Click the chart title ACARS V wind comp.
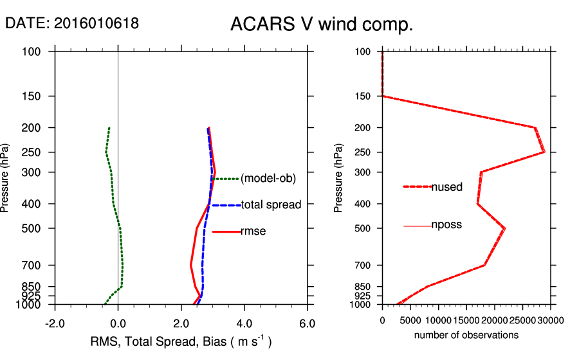[322, 25]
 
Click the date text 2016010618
[96, 24]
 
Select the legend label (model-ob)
[268, 179]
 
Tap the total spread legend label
[271, 205]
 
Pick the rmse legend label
[253, 231]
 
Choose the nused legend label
[446, 187]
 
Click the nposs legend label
[446, 225]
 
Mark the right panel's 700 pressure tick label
[363, 265]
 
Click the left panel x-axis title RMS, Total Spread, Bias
[180, 341]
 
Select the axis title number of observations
[466, 336]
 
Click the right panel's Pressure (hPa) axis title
[339, 177]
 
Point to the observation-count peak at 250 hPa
[544, 152]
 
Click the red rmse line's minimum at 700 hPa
[190, 264]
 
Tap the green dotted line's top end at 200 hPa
[109, 128]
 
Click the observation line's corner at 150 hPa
[383, 96]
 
